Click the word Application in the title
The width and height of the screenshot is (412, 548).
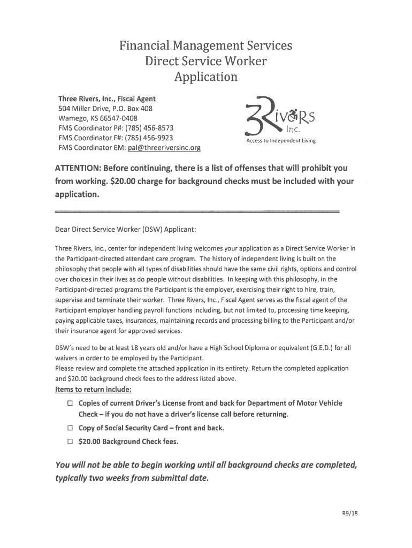[206, 77]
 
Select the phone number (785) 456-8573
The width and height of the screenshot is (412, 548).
[148, 128]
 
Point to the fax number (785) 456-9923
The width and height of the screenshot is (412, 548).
[147, 138]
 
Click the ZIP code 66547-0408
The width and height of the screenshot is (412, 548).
[115, 118]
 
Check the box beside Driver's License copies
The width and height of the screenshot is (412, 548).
[70, 403]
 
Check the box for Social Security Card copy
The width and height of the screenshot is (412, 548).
[70, 428]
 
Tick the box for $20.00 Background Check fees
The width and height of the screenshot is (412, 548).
[70, 442]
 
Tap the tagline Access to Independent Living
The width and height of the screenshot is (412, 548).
[281, 141]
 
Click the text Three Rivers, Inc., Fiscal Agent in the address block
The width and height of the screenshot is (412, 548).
[107, 99]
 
